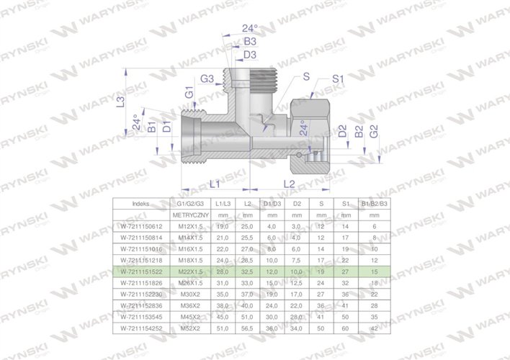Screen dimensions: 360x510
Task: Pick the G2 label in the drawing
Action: (x=374, y=132)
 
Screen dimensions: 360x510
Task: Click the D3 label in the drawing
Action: (x=250, y=55)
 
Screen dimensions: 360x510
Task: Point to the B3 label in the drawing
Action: (x=250, y=42)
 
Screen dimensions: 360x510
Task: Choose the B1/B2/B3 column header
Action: (x=374, y=204)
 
